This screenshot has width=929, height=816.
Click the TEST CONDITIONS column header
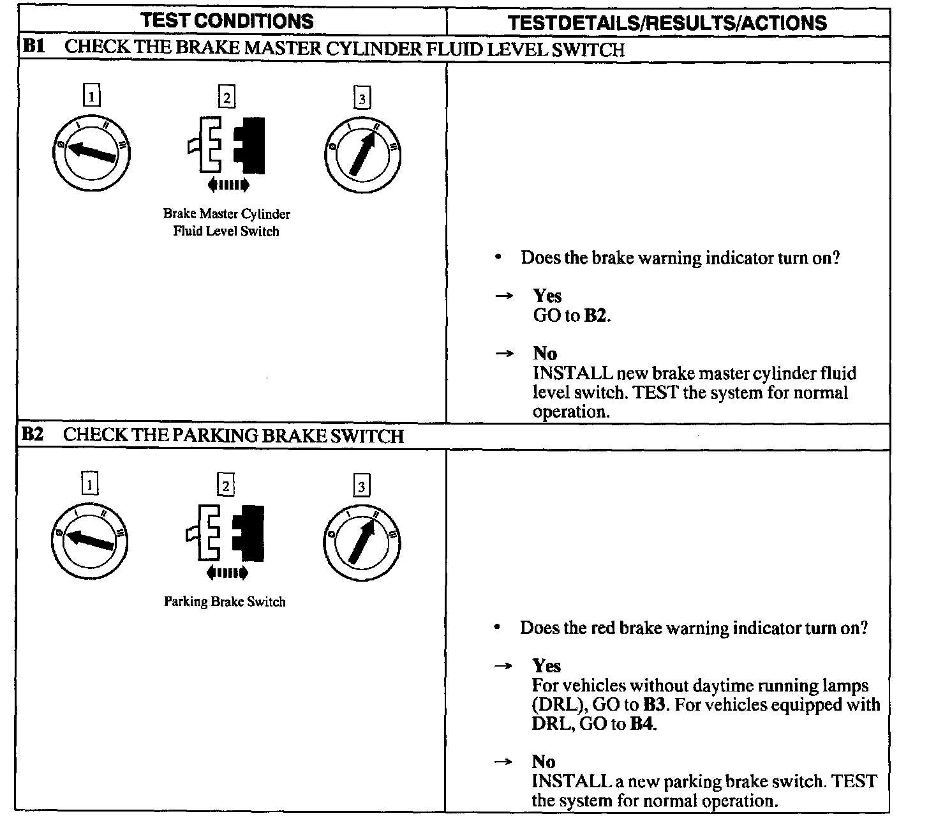(x=227, y=21)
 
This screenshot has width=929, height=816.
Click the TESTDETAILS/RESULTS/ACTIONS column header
(x=667, y=23)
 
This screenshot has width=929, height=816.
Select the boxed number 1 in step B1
(x=93, y=96)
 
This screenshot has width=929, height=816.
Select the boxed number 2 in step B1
(x=227, y=98)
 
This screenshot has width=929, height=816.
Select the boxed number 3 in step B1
(x=362, y=98)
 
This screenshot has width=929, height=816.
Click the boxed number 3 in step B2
(x=361, y=487)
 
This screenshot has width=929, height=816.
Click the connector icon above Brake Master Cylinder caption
(x=227, y=144)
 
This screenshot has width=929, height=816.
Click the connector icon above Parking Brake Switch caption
(x=225, y=533)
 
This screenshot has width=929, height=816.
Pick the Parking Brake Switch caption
(x=225, y=601)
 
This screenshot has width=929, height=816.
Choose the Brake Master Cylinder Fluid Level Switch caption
(x=227, y=222)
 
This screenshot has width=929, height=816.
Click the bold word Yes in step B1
(x=547, y=296)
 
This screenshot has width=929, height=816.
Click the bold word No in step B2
(x=544, y=761)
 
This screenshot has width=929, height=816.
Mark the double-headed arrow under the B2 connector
(x=227, y=573)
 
